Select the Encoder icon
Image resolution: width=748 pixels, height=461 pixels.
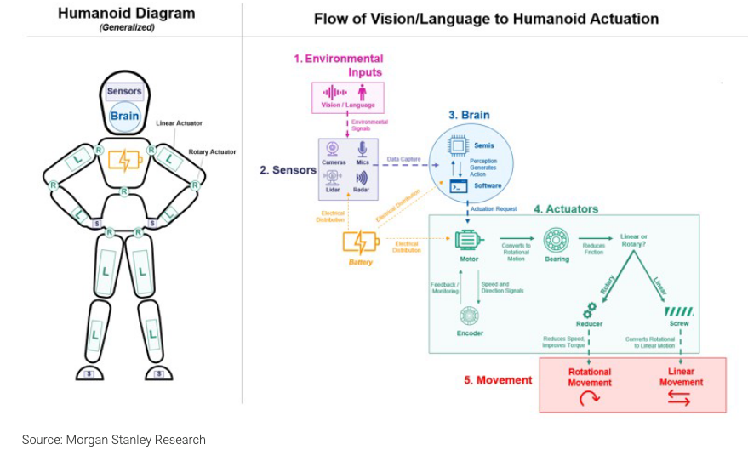[x=469, y=316]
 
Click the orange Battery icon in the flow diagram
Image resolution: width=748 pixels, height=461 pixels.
[x=359, y=242]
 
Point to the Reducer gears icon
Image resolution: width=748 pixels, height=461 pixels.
[x=589, y=310]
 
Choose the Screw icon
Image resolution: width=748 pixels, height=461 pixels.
[x=679, y=311]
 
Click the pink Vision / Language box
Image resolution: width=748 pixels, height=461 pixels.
[x=348, y=97]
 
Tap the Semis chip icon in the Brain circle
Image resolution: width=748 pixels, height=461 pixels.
[x=458, y=146]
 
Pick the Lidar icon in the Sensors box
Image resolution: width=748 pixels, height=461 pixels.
[x=333, y=178]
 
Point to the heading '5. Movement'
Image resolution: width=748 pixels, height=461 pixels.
[x=498, y=379]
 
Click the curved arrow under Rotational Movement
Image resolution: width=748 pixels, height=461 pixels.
[x=589, y=398]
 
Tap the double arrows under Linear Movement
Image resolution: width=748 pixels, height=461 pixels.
[x=681, y=398]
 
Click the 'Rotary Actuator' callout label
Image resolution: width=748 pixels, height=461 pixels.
[x=212, y=152]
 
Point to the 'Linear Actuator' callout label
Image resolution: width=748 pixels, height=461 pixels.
[x=179, y=123]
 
